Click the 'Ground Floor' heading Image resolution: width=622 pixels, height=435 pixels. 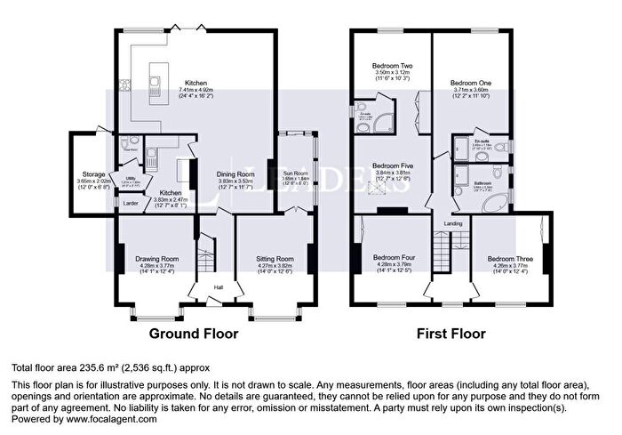click(193, 334)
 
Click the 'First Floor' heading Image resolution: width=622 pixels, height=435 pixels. click(452, 334)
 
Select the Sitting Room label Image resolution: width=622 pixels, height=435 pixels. click(274, 259)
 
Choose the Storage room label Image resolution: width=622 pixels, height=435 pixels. click(94, 174)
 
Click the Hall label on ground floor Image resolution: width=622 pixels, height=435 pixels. click(218, 286)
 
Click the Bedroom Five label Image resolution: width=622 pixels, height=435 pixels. click(391, 165)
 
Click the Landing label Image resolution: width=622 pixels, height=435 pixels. click(453, 223)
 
